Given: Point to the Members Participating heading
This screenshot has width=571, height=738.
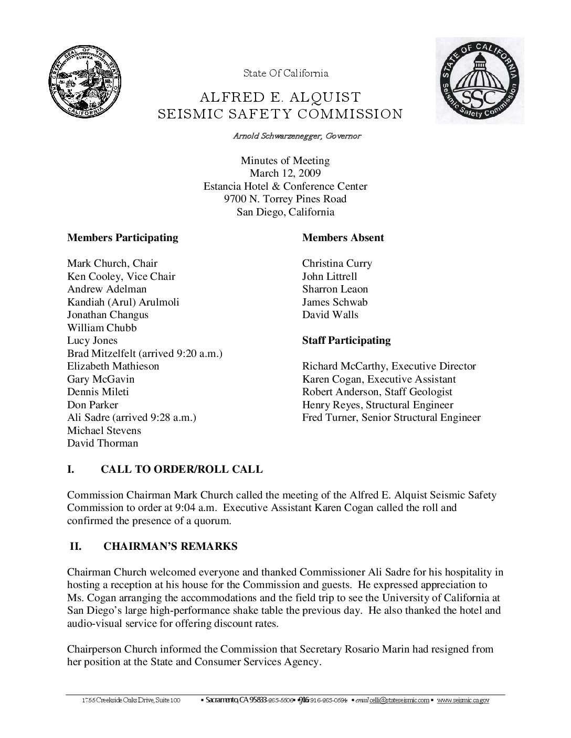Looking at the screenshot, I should click(122, 238).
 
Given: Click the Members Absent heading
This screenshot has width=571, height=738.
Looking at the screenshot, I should click(343, 238).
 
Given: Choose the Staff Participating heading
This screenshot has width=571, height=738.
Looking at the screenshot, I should click(346, 341).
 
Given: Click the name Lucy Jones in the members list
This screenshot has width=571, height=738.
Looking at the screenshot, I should click(92, 341).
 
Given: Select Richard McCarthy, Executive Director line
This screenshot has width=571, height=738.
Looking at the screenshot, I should click(389, 366).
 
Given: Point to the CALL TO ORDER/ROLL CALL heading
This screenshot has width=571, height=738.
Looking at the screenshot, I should click(182, 470).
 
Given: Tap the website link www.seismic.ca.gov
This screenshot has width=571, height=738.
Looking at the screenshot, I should click(463, 700).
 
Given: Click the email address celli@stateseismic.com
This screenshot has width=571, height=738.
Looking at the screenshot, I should click(399, 700).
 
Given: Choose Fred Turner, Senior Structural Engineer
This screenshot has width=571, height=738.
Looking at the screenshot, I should click(391, 418).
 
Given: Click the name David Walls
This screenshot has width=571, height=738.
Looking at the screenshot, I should click(330, 315).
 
